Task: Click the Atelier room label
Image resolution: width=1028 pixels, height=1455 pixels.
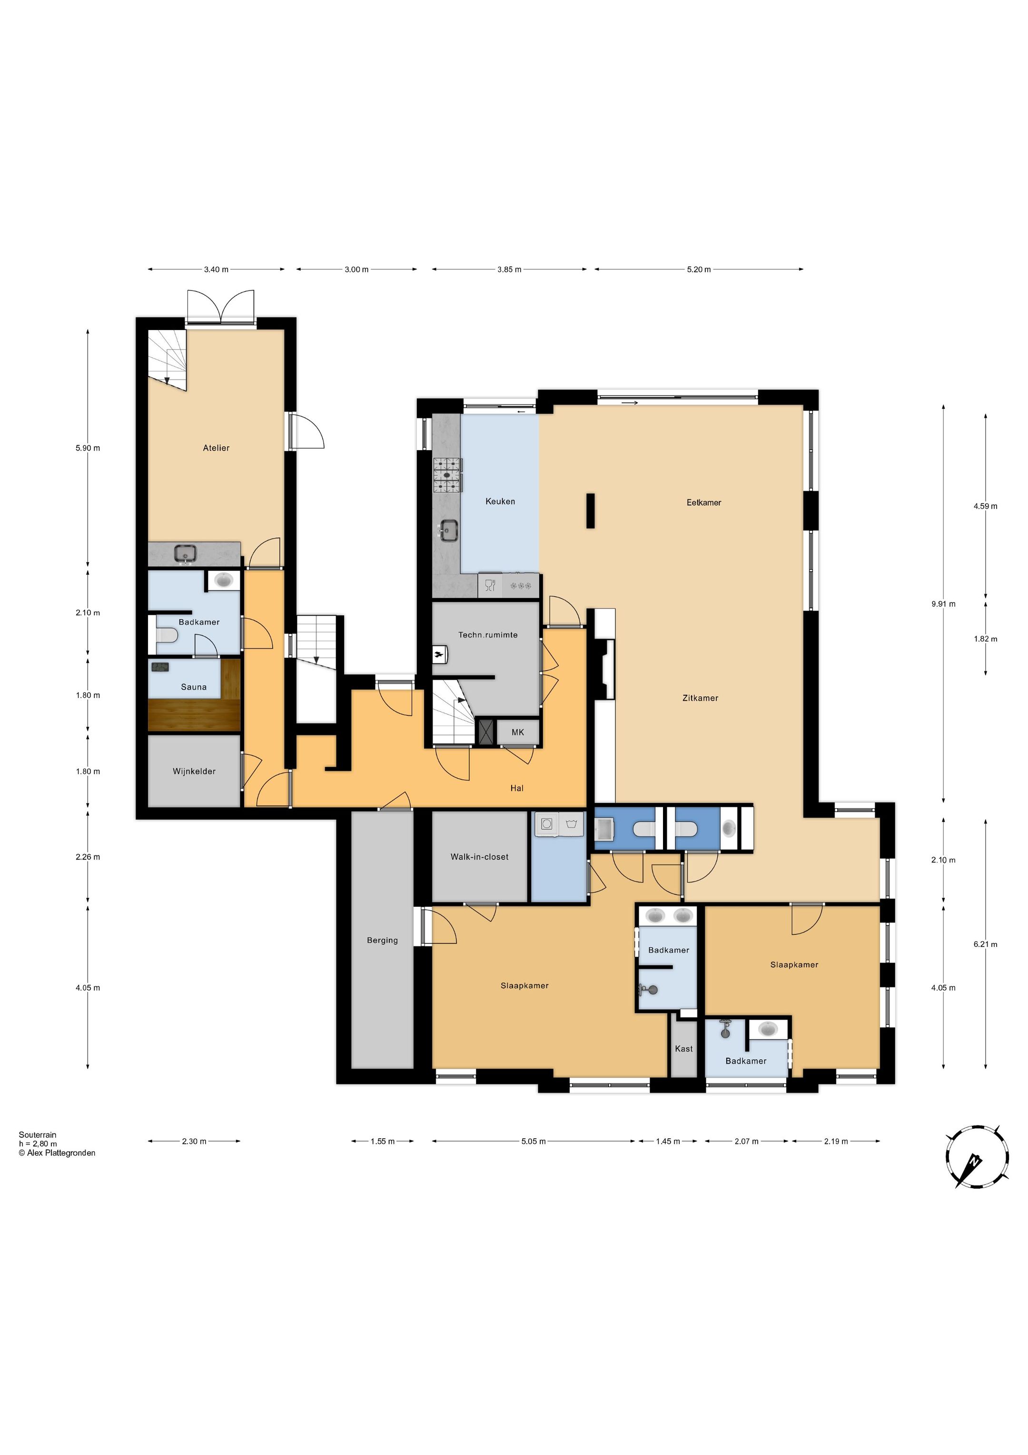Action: coord(216,448)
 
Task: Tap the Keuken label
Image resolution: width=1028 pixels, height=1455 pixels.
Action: coord(500,501)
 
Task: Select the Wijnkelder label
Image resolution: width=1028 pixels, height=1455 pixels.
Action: coord(194,771)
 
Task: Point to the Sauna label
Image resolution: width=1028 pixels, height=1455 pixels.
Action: coord(194,687)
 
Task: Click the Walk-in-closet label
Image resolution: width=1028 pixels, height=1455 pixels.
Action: coord(479,857)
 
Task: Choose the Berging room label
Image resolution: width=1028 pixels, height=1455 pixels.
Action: coord(383,941)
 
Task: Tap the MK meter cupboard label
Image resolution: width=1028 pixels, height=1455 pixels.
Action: coord(517,732)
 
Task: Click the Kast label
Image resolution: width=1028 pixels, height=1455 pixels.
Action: coord(683,1049)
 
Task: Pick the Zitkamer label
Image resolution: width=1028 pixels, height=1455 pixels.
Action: coord(701,698)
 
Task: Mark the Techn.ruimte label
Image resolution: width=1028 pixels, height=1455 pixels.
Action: coord(488,634)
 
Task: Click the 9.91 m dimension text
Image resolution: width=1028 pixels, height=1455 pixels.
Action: coord(944,604)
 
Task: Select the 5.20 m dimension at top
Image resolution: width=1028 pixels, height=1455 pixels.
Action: coord(699,269)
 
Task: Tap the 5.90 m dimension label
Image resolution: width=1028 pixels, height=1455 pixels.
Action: coord(88,448)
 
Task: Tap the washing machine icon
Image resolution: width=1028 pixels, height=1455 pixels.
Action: coord(547,824)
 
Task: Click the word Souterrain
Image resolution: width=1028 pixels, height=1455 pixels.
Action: coord(38,1135)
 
